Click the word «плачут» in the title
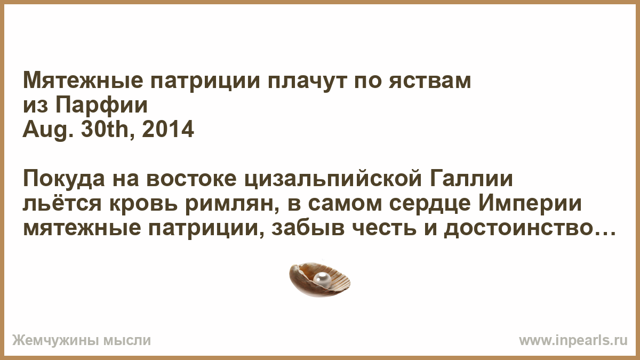click(308, 82)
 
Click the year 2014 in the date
click(167, 129)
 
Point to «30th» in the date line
click(106, 129)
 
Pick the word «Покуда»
click(63, 179)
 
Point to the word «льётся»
click(62, 203)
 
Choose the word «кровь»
click(143, 204)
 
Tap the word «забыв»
click(308, 228)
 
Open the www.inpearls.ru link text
click(573, 340)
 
